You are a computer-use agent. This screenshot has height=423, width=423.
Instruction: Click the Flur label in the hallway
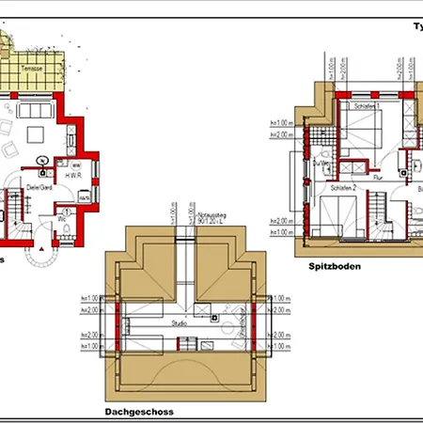[x=377, y=176]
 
